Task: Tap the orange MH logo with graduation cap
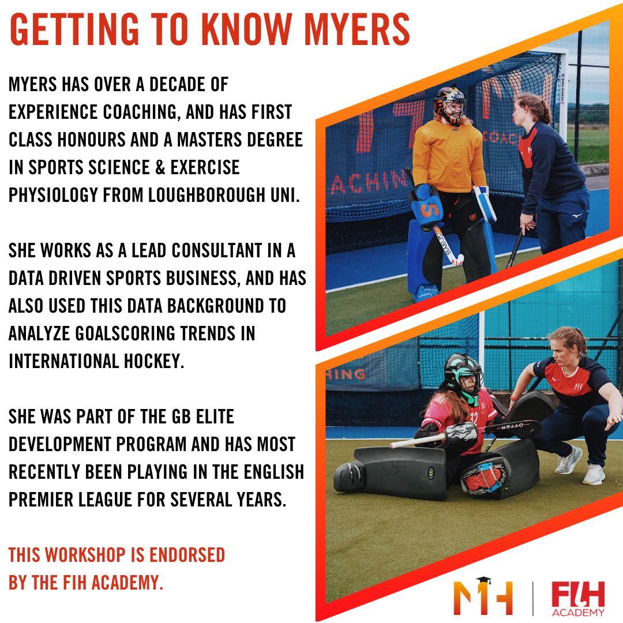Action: pyautogui.click(x=483, y=596)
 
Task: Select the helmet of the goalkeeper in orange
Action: pyautogui.click(x=449, y=104)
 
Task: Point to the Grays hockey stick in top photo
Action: pyautogui.click(x=448, y=245)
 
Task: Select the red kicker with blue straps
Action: pyautogui.click(x=483, y=479)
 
